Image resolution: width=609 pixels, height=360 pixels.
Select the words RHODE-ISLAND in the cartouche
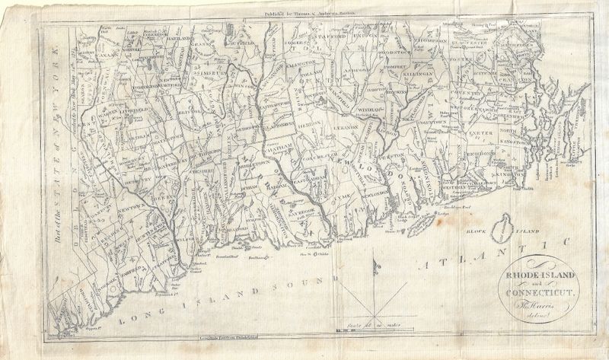541,275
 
